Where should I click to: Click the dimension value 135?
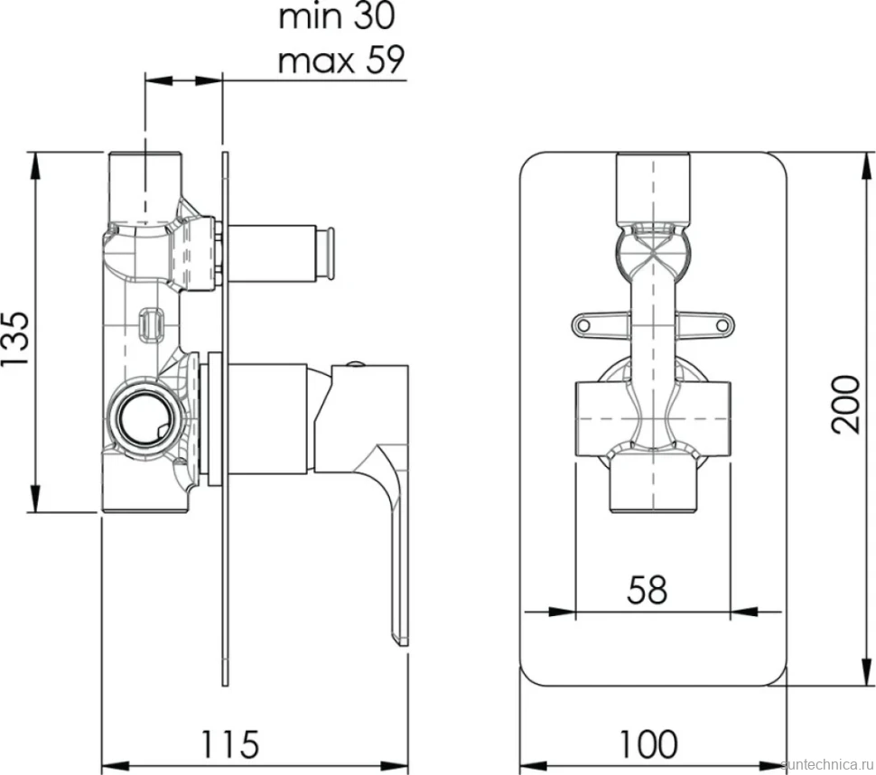pyautogui.click(x=15, y=339)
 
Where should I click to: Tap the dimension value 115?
pyautogui.click(x=229, y=743)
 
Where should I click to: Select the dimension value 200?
pyautogui.click(x=845, y=405)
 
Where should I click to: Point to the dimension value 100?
pyautogui.click(x=648, y=743)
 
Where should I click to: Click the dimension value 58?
pyautogui.click(x=647, y=590)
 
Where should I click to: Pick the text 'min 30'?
pyautogui.click(x=336, y=16)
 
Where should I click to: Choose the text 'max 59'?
pyautogui.click(x=340, y=60)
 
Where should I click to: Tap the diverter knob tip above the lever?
pyautogui.click(x=331, y=253)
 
